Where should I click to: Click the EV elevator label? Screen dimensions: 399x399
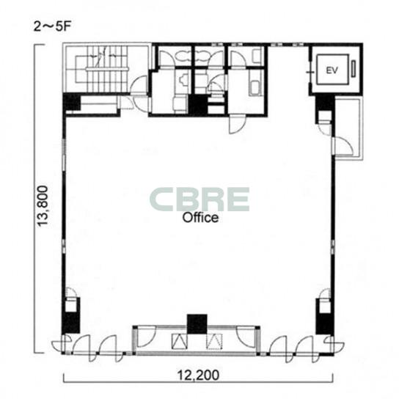coord(332,70)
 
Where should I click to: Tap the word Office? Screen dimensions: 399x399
coord(200,218)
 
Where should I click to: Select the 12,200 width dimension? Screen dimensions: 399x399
coord(198,375)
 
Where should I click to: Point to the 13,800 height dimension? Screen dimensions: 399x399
coord(42,205)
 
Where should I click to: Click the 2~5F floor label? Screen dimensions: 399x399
coord(52,26)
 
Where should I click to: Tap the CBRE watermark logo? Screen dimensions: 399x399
coord(199,199)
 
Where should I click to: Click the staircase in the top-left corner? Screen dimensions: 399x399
coord(101,69)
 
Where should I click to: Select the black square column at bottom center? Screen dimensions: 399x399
coord(197,324)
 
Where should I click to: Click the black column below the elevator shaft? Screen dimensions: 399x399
coord(325,104)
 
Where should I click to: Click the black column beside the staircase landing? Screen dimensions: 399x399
coord(72,102)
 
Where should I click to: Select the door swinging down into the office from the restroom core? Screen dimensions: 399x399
coord(237,124)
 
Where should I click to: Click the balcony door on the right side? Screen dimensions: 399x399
coord(343,146)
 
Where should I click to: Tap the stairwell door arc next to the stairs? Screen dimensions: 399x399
coord(139,84)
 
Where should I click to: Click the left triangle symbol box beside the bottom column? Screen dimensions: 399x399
coord(180,341)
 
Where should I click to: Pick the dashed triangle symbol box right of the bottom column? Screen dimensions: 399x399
coord(214,341)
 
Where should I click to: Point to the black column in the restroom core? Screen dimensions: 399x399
coord(198,104)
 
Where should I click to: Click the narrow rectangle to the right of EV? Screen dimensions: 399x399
coord(354,68)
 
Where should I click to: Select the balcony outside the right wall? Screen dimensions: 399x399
coord(348,128)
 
